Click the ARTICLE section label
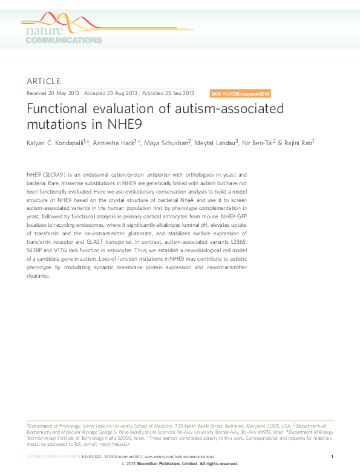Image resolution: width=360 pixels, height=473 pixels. pyautogui.click(x=44, y=81)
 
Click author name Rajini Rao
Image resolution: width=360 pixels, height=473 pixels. pyautogui.click(x=301, y=143)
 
